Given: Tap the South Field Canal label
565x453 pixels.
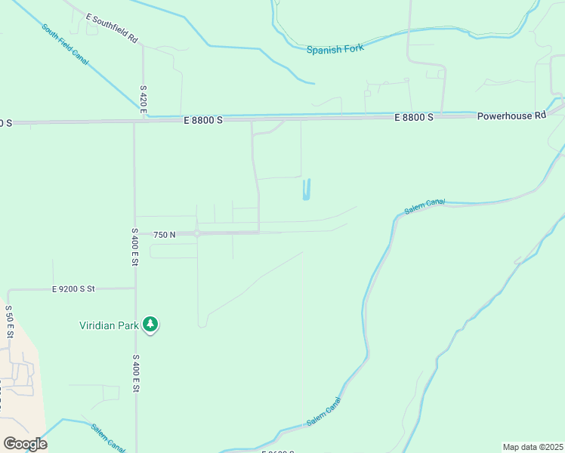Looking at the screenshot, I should [65, 45].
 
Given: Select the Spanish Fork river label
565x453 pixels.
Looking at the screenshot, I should [335, 49].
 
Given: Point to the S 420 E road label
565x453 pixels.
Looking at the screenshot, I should [142, 100].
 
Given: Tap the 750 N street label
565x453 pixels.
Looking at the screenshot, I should [164, 235].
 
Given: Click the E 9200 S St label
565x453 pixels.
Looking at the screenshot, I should [84, 288].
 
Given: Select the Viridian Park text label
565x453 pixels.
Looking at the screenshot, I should [110, 325].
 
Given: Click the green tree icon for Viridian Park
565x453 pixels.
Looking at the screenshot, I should [150, 325].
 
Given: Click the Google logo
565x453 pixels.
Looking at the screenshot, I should [25, 443].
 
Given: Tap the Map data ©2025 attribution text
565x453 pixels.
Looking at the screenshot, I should [533, 447].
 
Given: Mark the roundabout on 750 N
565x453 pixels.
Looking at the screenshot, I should [197, 233].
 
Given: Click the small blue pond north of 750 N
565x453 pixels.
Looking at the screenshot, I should [306, 190].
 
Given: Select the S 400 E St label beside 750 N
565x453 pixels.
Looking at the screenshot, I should [134, 246].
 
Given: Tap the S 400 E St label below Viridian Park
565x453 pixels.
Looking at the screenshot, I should [136, 373].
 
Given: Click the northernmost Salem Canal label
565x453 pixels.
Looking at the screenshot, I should [425, 207].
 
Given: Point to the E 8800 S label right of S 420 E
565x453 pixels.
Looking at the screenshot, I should [203, 120].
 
